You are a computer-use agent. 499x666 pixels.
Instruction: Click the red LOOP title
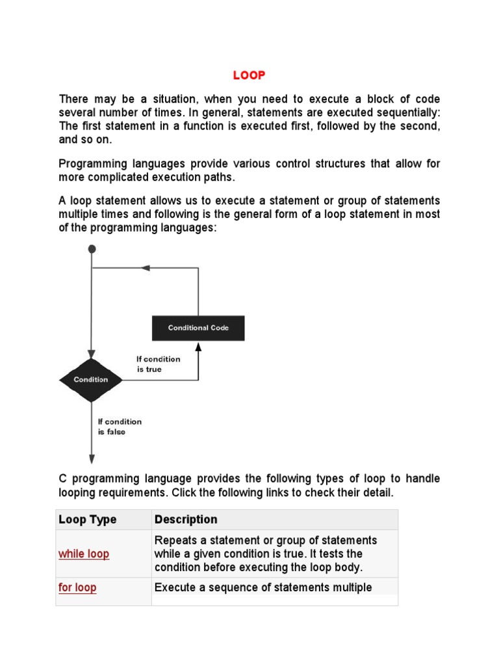[x=249, y=75]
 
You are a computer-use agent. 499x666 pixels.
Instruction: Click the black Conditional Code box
[x=198, y=328]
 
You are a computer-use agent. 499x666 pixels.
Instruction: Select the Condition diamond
[x=91, y=380]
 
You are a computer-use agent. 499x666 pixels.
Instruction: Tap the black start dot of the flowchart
[x=92, y=248]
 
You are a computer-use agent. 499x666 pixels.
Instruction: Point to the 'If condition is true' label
[x=158, y=364]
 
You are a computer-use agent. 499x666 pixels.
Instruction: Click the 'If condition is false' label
[x=119, y=427]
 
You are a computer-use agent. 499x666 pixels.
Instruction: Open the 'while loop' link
[x=84, y=554]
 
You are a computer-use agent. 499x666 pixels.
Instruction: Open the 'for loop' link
[x=77, y=588]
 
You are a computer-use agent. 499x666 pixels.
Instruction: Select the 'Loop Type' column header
[x=88, y=520]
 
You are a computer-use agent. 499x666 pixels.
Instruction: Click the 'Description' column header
[x=186, y=520]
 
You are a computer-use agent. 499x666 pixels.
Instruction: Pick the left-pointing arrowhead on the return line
[x=146, y=268]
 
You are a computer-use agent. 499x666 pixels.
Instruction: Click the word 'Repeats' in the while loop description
[x=174, y=541]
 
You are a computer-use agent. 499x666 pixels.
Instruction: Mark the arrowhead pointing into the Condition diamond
[x=92, y=354]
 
